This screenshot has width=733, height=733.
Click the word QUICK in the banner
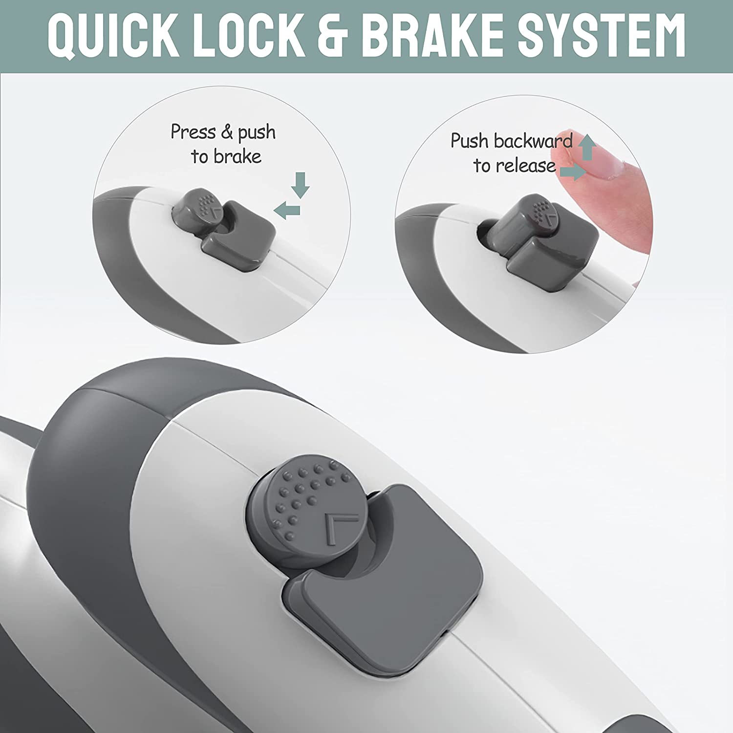point(114,36)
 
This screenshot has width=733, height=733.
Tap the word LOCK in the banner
point(250,36)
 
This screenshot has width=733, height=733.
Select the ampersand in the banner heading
point(334,36)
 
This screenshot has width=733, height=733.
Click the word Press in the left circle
point(193,132)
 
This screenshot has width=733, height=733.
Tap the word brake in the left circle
point(237,157)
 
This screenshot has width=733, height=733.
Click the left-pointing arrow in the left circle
point(287,211)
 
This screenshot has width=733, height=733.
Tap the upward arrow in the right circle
point(588,147)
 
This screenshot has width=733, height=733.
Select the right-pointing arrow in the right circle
point(573,172)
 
